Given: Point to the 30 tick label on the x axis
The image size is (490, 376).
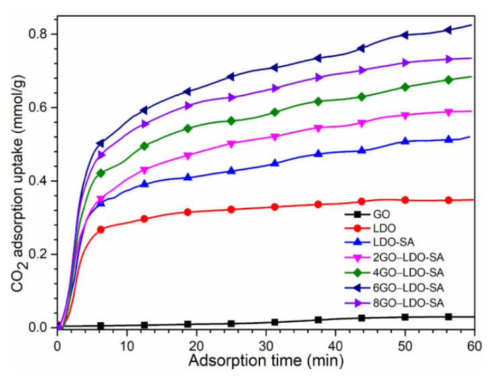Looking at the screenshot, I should point(266,346).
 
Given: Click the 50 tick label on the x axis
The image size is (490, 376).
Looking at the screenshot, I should point(405,346).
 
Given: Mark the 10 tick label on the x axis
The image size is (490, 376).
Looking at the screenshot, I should point(127,346).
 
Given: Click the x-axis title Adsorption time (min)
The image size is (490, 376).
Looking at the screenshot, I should point(266,361).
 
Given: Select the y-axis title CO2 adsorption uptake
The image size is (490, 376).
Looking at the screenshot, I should point(17,182).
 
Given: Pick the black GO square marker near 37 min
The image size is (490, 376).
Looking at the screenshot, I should point(318,320).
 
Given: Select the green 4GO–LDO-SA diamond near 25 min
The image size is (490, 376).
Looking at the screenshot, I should point(231,121).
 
